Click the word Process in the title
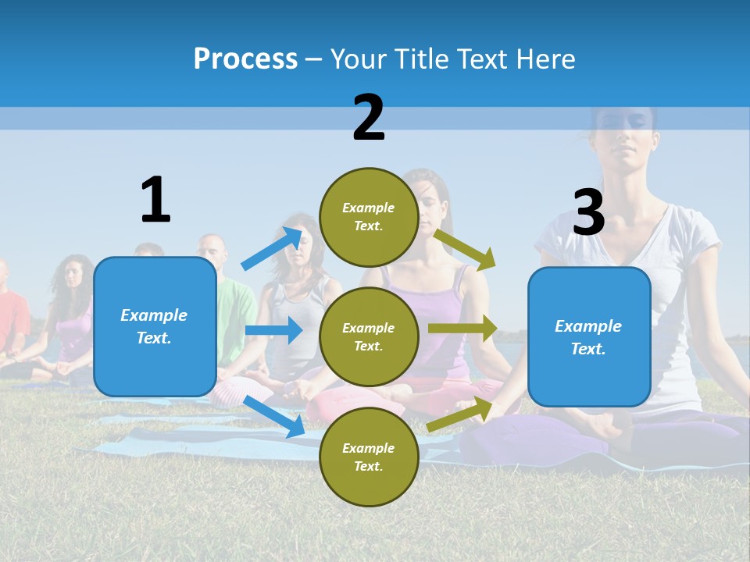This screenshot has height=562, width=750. (x=245, y=59)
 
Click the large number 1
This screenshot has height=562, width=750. (x=155, y=200)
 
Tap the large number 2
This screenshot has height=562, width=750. (x=369, y=118)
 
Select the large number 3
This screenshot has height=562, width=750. (x=588, y=212)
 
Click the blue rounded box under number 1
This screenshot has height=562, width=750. (x=155, y=326)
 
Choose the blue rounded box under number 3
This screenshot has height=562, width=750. (x=589, y=336)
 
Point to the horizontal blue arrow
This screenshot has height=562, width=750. (x=273, y=330)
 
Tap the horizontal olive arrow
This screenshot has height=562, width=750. (x=462, y=329)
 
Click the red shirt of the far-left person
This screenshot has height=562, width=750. (x=11, y=317)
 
